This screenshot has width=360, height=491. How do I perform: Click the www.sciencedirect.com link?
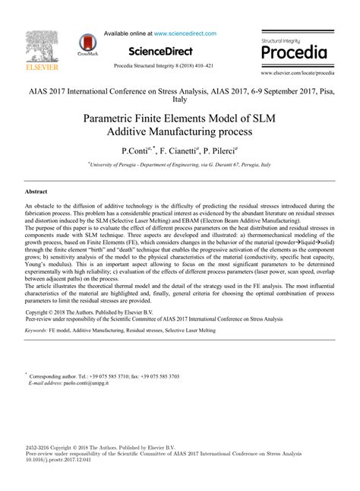coord(185,33)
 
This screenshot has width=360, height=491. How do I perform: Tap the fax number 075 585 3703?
coord(160,377)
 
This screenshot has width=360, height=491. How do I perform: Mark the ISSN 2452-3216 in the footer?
coord(39,448)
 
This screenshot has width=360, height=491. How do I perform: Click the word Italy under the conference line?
coord(180,99)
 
